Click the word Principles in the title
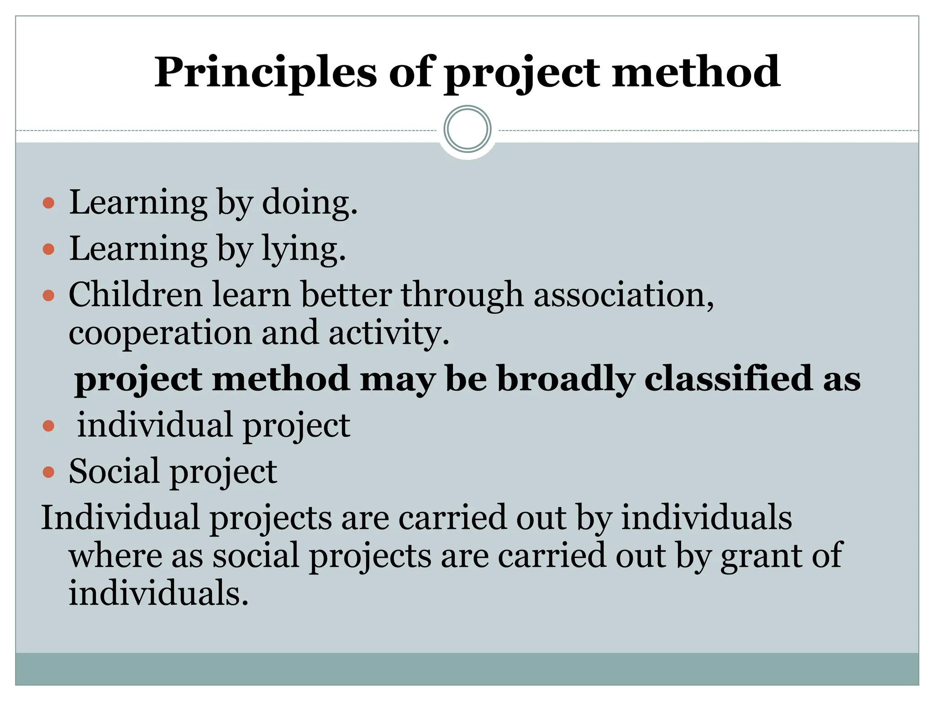point(265,73)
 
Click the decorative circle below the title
point(467,129)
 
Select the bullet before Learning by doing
point(48,203)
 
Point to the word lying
point(303,249)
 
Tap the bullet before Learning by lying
point(48,249)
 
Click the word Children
point(135,295)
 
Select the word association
point(623,295)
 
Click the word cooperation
point(160,333)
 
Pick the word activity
point(389,333)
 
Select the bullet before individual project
point(48,426)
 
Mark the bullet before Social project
point(48,471)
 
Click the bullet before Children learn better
point(48,296)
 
